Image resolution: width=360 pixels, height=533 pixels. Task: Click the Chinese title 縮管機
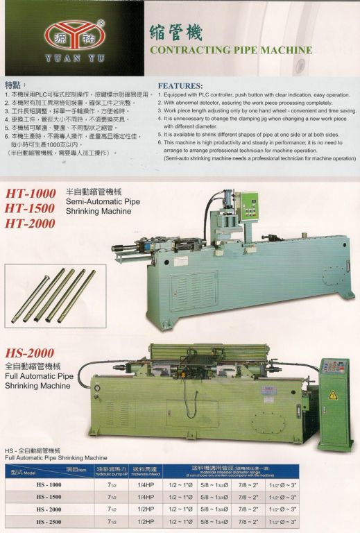[x=176, y=33]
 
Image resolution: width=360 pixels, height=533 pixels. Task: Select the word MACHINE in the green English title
[x=282, y=51]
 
